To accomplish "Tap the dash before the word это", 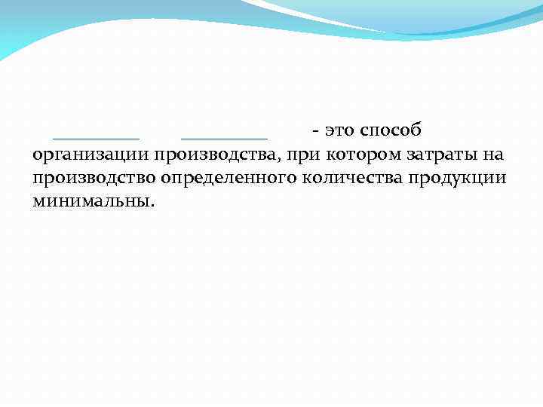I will tap(309, 131).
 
